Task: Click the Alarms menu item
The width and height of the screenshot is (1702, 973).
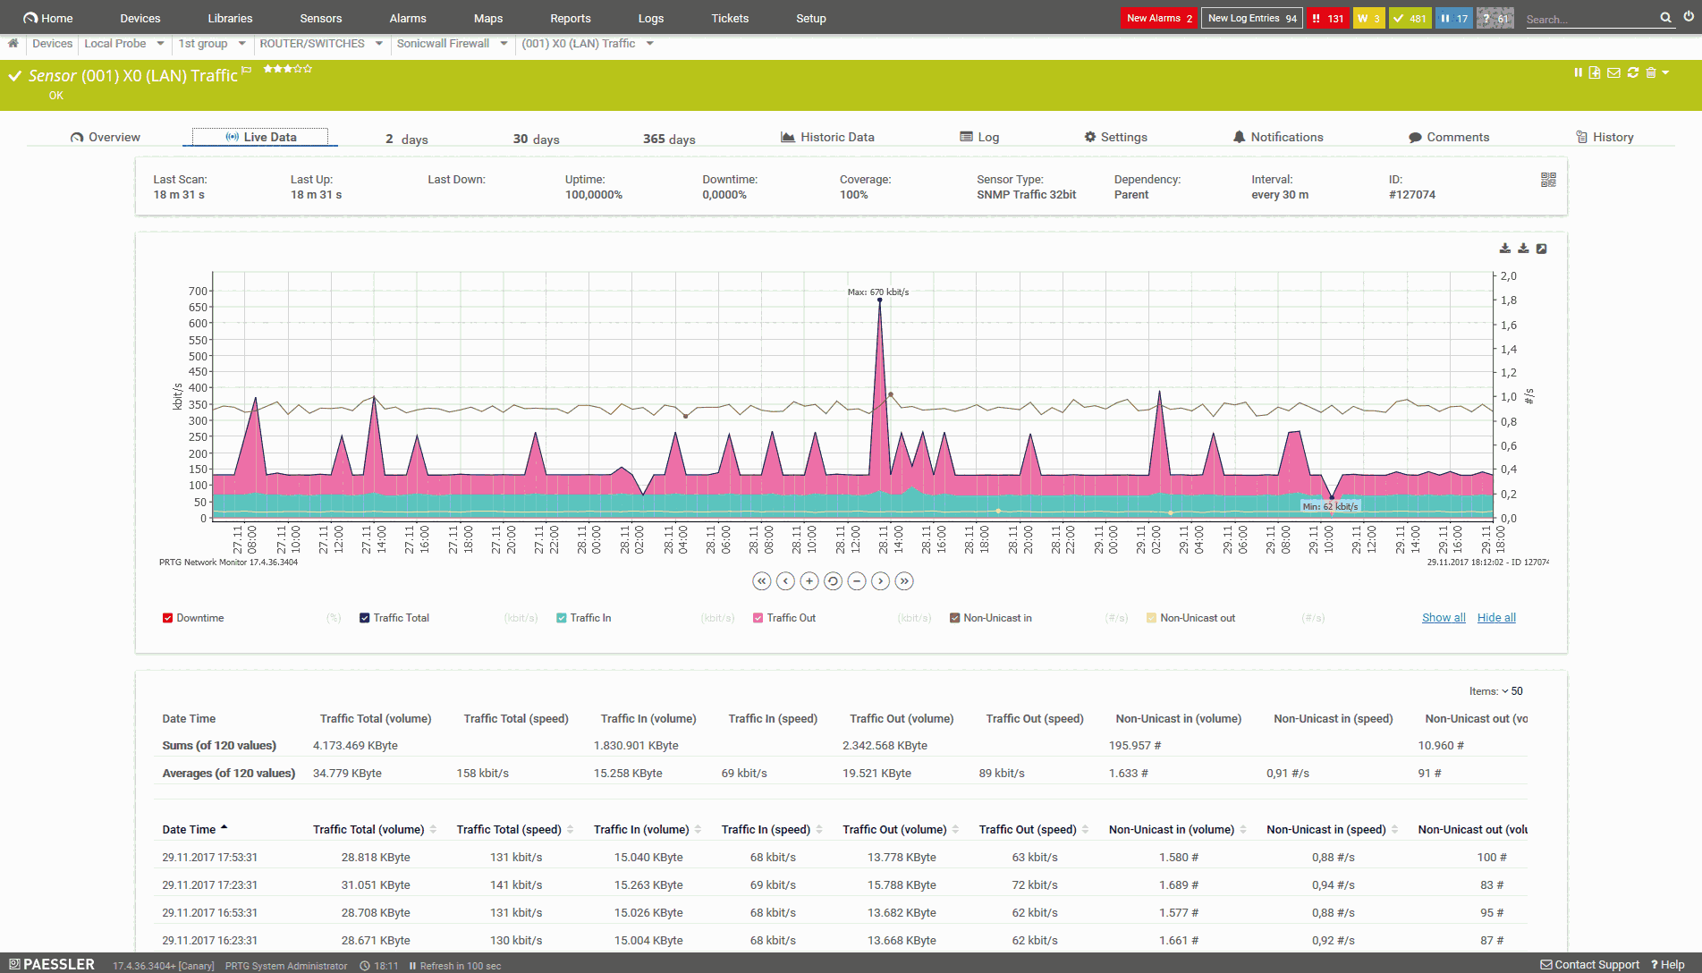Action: tap(408, 18)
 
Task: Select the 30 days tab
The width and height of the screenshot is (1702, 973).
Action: tap(536, 139)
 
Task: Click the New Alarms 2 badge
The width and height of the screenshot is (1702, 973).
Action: tap(1159, 18)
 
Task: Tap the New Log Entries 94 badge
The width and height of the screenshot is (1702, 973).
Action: tap(1251, 18)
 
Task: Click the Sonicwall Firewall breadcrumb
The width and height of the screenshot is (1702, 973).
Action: tap(443, 43)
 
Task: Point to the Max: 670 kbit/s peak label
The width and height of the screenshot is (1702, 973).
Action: tap(877, 292)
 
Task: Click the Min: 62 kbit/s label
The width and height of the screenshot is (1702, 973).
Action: tap(1330, 506)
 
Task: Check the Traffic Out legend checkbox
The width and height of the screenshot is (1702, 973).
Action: tap(758, 618)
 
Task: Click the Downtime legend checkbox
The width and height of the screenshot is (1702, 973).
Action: tap(168, 618)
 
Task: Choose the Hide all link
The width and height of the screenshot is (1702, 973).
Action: tap(1496, 618)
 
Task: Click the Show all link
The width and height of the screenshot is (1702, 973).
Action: tap(1444, 618)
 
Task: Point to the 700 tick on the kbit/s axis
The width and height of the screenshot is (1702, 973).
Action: tap(198, 292)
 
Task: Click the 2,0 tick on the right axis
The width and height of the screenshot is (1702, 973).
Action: tap(1508, 276)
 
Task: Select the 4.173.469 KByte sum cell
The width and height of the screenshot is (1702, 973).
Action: tap(355, 745)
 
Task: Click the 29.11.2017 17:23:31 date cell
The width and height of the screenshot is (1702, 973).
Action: tap(209, 884)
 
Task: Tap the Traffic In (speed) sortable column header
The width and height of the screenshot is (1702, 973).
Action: tap(766, 829)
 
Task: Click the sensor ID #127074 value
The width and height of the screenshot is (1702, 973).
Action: tap(1411, 194)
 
